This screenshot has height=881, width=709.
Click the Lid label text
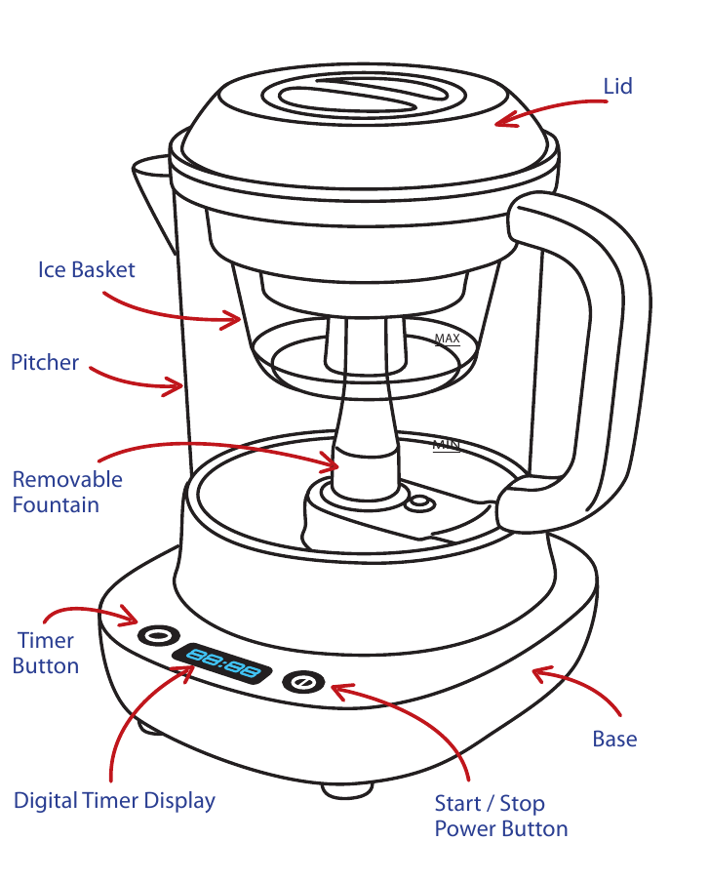[617, 86]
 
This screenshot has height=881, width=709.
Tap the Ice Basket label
[86, 269]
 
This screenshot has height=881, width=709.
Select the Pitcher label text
[45, 363]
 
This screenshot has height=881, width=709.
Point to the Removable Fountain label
[67, 492]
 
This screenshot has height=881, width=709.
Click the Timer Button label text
[46, 653]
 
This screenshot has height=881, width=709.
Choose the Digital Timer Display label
[114, 801]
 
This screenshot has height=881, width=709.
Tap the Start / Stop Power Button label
[500, 817]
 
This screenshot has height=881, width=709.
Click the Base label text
[614, 739]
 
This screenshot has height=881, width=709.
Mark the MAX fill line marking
[447, 340]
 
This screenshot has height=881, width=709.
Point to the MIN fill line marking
[446, 446]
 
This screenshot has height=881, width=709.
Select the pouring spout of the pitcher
[148, 180]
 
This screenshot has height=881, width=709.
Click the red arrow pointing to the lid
[546, 109]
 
